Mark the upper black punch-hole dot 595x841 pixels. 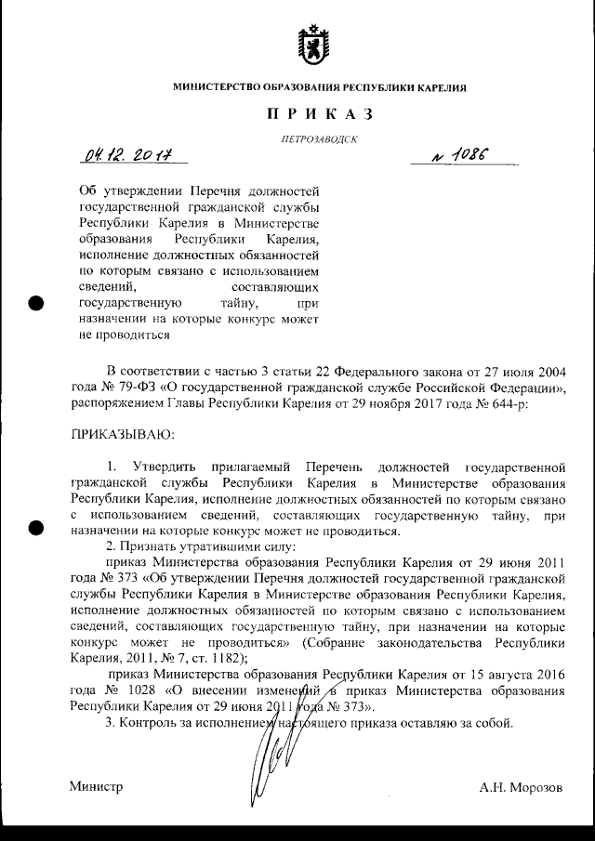pos(36,304)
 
